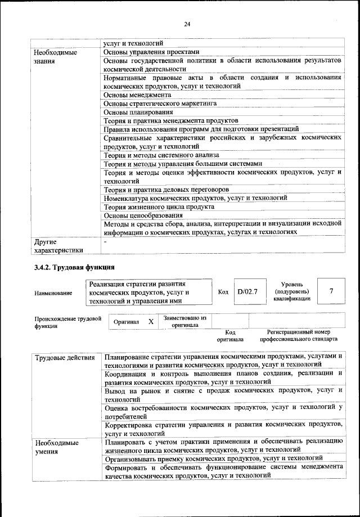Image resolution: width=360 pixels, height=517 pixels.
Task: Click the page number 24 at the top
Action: coord(187,24)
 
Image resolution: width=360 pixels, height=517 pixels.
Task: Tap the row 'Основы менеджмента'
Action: coord(137,95)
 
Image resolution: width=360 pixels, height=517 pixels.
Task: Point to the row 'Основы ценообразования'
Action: coord(143,215)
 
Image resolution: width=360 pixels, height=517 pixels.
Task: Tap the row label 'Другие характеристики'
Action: coord(58,246)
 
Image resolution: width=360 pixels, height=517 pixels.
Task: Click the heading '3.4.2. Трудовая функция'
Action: coord(75,267)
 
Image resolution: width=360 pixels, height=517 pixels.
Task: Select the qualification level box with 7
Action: coord(331,291)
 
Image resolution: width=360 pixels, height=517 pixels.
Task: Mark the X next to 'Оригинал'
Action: coord(150,322)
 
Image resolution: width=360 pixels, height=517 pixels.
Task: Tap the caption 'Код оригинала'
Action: coord(230,336)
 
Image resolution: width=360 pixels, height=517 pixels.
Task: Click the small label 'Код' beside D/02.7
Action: coord(223,292)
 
